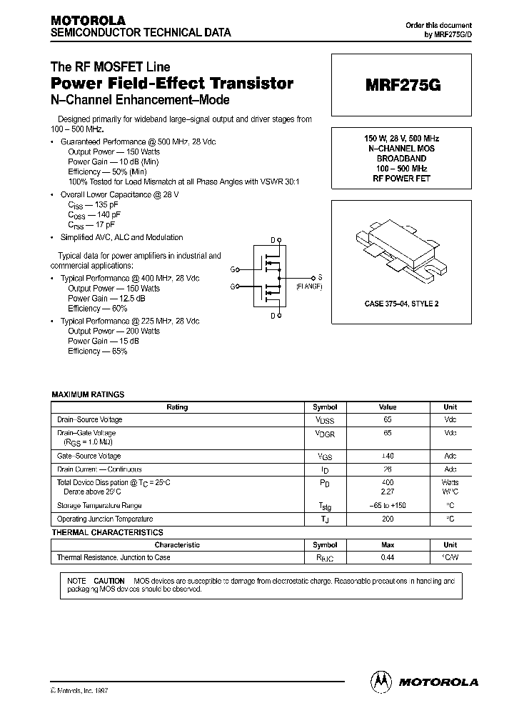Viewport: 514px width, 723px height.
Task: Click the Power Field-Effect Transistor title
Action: tap(171, 83)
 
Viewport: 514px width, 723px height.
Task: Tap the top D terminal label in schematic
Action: tap(272, 241)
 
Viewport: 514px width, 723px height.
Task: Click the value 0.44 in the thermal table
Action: tap(387, 557)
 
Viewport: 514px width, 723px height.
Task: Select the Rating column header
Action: tap(177, 407)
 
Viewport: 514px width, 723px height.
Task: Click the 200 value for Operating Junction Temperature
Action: tap(387, 519)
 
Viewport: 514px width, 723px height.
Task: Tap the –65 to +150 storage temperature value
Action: tap(387, 505)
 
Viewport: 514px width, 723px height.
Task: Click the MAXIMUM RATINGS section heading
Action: tap(88, 394)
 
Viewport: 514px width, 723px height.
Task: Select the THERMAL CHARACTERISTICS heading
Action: tap(107, 532)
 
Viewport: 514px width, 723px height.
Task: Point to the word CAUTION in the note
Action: tap(109, 581)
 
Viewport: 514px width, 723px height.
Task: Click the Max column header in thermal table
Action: tap(387, 544)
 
